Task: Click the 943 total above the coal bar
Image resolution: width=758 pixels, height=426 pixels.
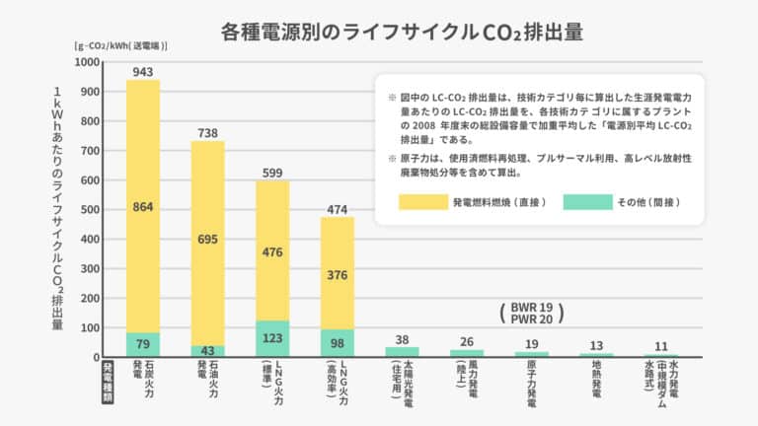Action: (x=143, y=71)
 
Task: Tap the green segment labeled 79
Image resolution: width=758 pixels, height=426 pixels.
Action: (x=143, y=343)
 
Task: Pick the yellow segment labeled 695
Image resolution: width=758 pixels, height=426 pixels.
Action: (x=207, y=240)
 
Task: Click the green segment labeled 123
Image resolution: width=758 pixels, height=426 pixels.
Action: (x=272, y=338)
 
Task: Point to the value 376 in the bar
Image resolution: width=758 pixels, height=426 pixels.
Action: (x=337, y=274)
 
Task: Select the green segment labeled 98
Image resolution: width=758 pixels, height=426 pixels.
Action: (x=337, y=342)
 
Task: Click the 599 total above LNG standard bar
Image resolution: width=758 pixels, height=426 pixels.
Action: (x=272, y=173)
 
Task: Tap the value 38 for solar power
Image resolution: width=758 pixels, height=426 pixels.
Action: (x=402, y=338)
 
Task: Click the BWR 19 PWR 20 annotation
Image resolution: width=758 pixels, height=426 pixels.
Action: (x=533, y=313)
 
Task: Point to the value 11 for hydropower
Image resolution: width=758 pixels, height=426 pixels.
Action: (x=661, y=346)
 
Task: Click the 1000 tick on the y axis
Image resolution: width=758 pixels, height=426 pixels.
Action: (x=86, y=62)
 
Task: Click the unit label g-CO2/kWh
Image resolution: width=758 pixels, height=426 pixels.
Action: (x=119, y=45)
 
